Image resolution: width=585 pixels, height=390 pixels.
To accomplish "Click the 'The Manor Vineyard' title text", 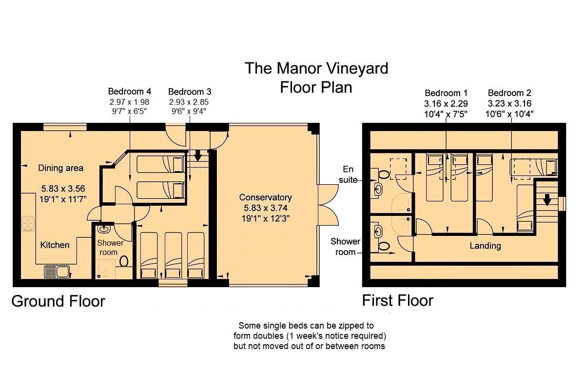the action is [316, 68].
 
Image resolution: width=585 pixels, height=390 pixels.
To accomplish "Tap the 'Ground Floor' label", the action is [58, 301].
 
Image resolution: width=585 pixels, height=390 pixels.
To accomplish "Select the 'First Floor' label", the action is [397, 300].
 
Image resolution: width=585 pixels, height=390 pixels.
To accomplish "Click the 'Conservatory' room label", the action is [265, 197].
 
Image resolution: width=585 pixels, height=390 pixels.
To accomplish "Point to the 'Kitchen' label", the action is [55, 245].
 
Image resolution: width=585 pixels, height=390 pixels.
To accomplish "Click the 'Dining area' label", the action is [60, 168].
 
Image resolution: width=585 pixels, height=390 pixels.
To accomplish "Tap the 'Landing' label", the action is [485, 246].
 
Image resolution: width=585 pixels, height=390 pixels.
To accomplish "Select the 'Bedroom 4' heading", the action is [130, 92].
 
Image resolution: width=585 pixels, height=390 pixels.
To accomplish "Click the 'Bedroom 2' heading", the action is [509, 93].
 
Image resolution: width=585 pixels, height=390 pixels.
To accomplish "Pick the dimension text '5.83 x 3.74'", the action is [265, 208].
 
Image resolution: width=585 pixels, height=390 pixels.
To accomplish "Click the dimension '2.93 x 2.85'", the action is [189, 102].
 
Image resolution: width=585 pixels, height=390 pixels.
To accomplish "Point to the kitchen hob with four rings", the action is [28, 224].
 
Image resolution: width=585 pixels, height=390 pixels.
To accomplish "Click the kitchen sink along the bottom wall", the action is [57, 272].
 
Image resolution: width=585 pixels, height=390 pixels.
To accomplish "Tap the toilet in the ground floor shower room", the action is [123, 261].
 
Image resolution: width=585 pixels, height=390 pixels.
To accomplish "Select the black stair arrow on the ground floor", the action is [198, 156].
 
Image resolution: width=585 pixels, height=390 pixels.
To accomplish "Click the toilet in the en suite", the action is [383, 175].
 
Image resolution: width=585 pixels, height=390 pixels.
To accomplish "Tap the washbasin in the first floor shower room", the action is [378, 231].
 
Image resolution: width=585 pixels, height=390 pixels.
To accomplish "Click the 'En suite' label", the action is [348, 175].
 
